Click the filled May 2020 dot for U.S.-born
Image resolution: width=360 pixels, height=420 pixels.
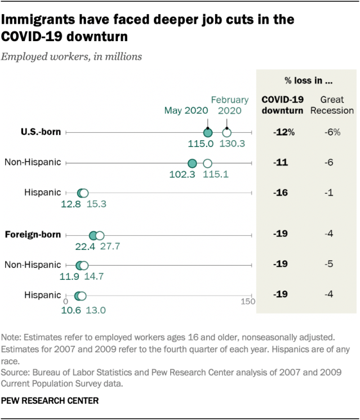pyautogui.click(x=207, y=132)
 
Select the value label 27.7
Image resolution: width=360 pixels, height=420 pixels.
pyautogui.click(x=109, y=247)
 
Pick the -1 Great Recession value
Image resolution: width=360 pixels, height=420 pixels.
pyautogui.click(x=330, y=193)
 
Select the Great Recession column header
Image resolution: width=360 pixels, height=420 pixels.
pyautogui.click(x=332, y=105)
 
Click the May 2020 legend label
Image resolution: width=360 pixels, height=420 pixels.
pyautogui.click(x=185, y=110)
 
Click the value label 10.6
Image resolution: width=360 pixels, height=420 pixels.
pyautogui.click(x=70, y=309)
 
